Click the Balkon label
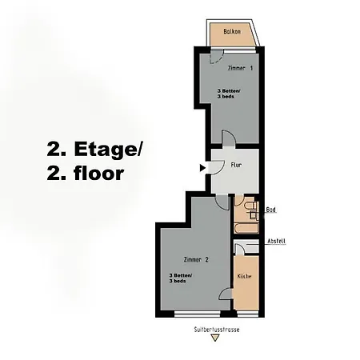coord(233,33)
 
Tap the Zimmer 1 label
coord(240,68)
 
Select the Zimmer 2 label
coord(195,260)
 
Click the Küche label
coord(246,276)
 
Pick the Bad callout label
coord(270,208)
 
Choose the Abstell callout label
coord(276,240)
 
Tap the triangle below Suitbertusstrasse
coord(214,338)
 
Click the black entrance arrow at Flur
coord(202,167)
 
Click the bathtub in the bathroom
coord(245,229)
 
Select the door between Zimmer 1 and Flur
coord(228,140)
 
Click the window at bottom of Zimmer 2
coord(194,312)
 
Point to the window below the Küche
coord(247,312)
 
